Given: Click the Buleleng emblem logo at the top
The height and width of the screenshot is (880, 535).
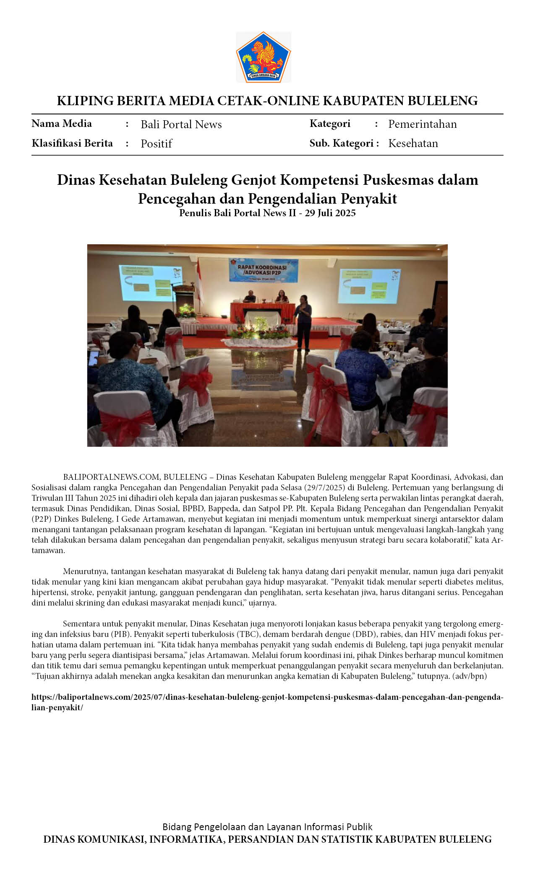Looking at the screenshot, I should [x=264, y=57].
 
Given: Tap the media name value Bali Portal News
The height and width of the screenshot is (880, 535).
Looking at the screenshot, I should [x=181, y=124].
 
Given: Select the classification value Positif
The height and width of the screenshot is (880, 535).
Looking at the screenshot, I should [x=156, y=144].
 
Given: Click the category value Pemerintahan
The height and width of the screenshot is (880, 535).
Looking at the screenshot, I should [x=422, y=124].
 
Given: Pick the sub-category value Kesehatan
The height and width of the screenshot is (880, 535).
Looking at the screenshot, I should [x=413, y=143].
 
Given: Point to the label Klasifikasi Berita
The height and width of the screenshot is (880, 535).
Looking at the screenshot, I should [x=72, y=143].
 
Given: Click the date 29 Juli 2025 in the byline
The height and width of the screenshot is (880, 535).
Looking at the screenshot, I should [x=330, y=213].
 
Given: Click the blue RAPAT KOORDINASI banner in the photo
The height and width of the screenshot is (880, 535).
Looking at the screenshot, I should [x=263, y=269].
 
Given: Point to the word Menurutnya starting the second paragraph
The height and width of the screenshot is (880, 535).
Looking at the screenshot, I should [x=86, y=571].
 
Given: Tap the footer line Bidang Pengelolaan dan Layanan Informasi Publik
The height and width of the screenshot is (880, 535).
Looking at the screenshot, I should [x=267, y=827].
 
